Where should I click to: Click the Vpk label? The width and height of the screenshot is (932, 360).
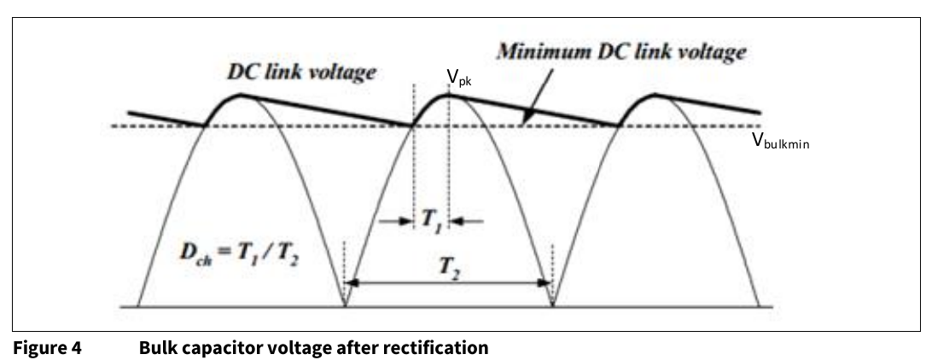coord(459,78)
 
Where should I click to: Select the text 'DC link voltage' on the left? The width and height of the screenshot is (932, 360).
coord(301,73)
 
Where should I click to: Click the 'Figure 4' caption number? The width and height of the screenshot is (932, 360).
coord(48,347)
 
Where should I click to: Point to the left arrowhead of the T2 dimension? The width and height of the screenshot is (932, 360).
coord(352,282)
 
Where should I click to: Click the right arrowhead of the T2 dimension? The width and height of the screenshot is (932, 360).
coord(545,282)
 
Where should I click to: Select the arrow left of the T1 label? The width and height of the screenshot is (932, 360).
coord(396,222)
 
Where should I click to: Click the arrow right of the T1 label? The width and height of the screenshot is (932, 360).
coord(467,222)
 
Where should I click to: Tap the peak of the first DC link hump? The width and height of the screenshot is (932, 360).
coord(241,95)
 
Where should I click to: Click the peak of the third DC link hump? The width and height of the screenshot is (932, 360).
coord(655,95)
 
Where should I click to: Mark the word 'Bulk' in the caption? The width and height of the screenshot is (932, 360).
coord(155,347)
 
